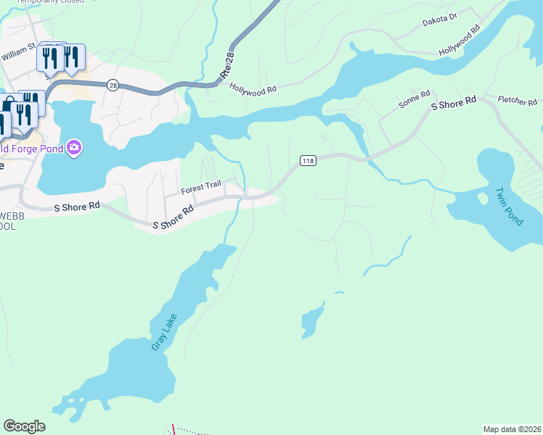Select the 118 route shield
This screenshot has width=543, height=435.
(307, 160)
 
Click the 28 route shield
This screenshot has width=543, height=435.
(113, 85)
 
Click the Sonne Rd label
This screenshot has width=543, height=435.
(415, 100)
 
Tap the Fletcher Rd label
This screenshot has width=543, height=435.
(517, 100)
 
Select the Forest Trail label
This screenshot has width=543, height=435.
(200, 186)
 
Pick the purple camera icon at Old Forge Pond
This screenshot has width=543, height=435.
(73, 149)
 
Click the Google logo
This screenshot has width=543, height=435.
(24, 426)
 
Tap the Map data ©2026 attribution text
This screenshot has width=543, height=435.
(511, 429)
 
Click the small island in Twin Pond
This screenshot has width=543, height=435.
(482, 198)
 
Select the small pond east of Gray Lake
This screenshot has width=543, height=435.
(311, 321)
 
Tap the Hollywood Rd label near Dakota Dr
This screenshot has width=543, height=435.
(460, 41)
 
